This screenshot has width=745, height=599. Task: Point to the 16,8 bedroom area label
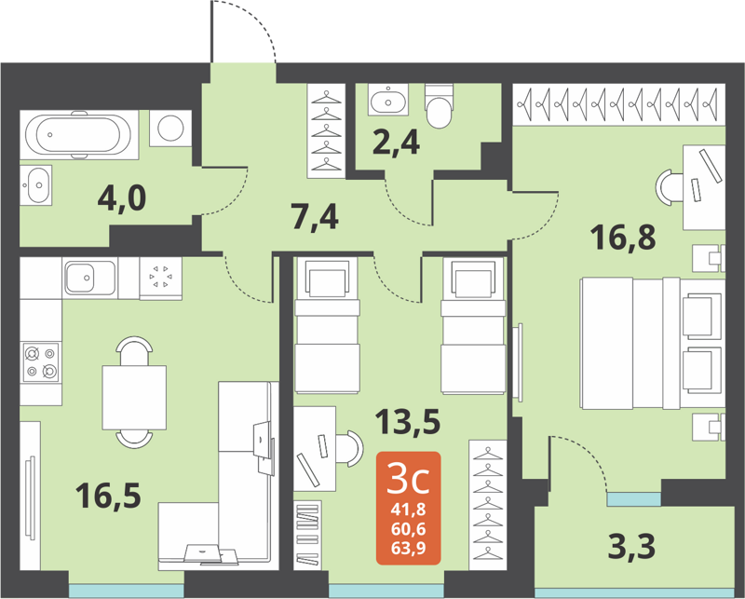[624, 238]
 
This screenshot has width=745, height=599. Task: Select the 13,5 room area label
[408, 424]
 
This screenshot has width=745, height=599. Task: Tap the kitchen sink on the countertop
[89, 278]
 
